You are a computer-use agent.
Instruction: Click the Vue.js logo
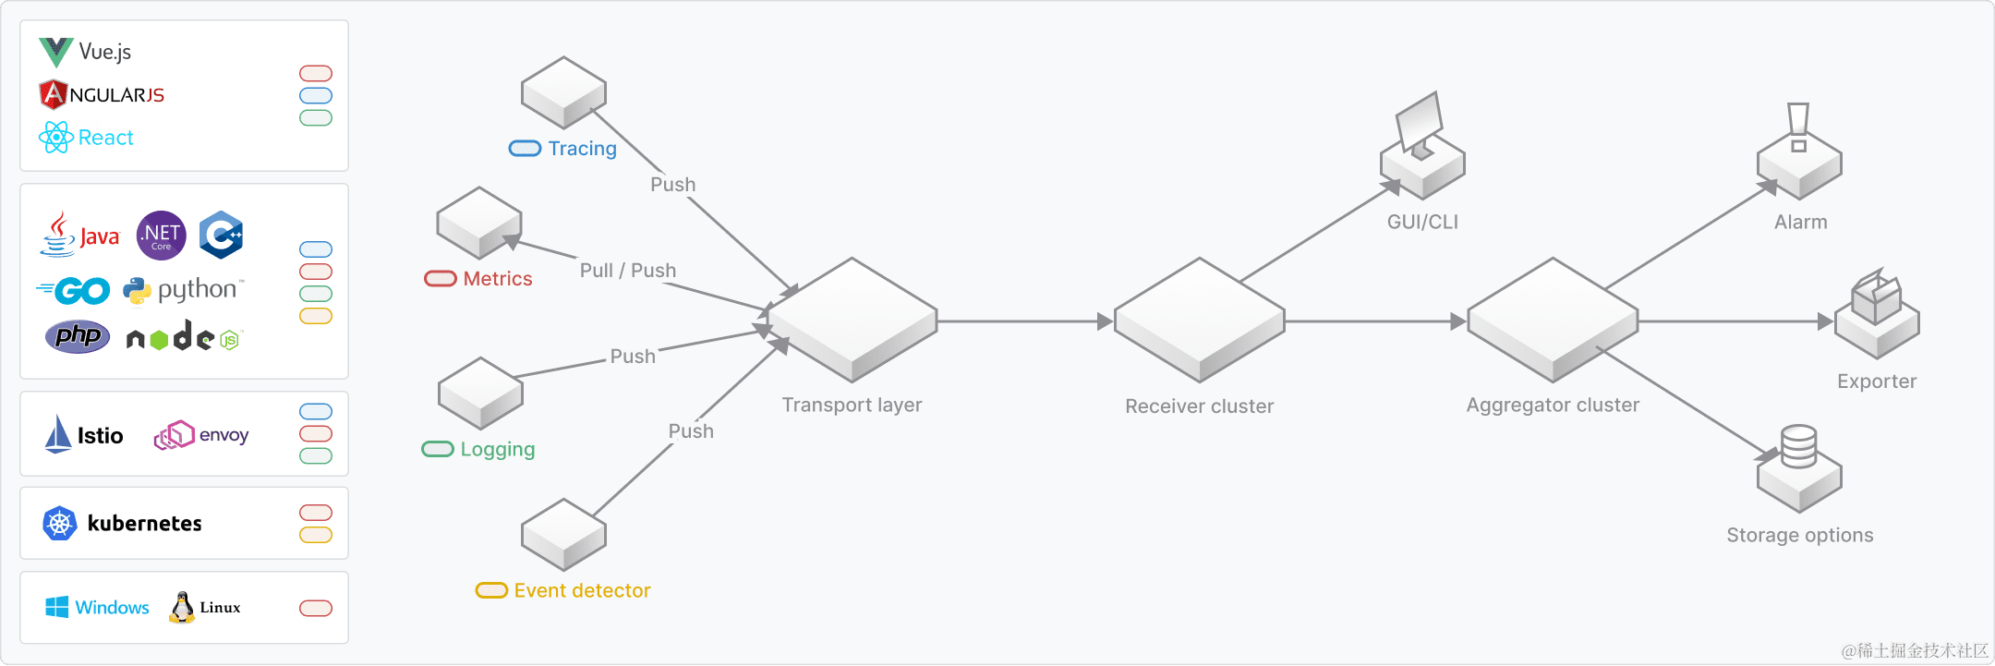[x=56, y=52]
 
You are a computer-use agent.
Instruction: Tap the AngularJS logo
[x=54, y=94]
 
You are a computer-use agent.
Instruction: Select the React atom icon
[x=56, y=138]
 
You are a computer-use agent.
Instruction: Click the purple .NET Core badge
[x=162, y=236]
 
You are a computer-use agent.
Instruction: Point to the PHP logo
[x=78, y=336]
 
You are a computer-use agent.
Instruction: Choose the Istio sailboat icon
[x=58, y=434]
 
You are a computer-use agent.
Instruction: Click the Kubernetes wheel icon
[x=60, y=524]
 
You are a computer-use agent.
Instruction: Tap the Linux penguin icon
[x=182, y=607]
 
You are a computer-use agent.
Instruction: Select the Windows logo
[x=57, y=607]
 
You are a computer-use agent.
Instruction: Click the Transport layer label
[x=852, y=405]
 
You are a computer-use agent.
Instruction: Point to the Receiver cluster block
[x=1199, y=320]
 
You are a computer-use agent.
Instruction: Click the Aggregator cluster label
[x=1553, y=405]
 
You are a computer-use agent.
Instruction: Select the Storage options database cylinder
[x=1798, y=447]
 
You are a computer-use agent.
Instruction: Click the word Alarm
[x=1800, y=222]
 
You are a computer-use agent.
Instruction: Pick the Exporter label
[x=1876, y=381]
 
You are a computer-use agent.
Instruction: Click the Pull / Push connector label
[x=628, y=271]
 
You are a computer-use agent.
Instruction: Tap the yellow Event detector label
[x=582, y=590]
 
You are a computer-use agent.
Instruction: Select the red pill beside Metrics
[x=441, y=279]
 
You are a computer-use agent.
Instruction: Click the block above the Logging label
[x=480, y=393]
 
